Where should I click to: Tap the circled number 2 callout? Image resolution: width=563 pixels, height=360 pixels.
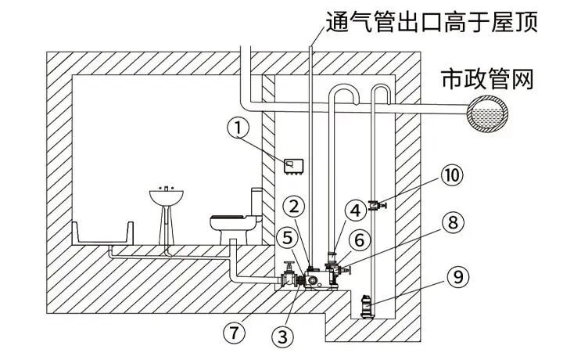click(x=294, y=207)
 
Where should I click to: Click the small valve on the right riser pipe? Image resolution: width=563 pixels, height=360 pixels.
click(x=376, y=205)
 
